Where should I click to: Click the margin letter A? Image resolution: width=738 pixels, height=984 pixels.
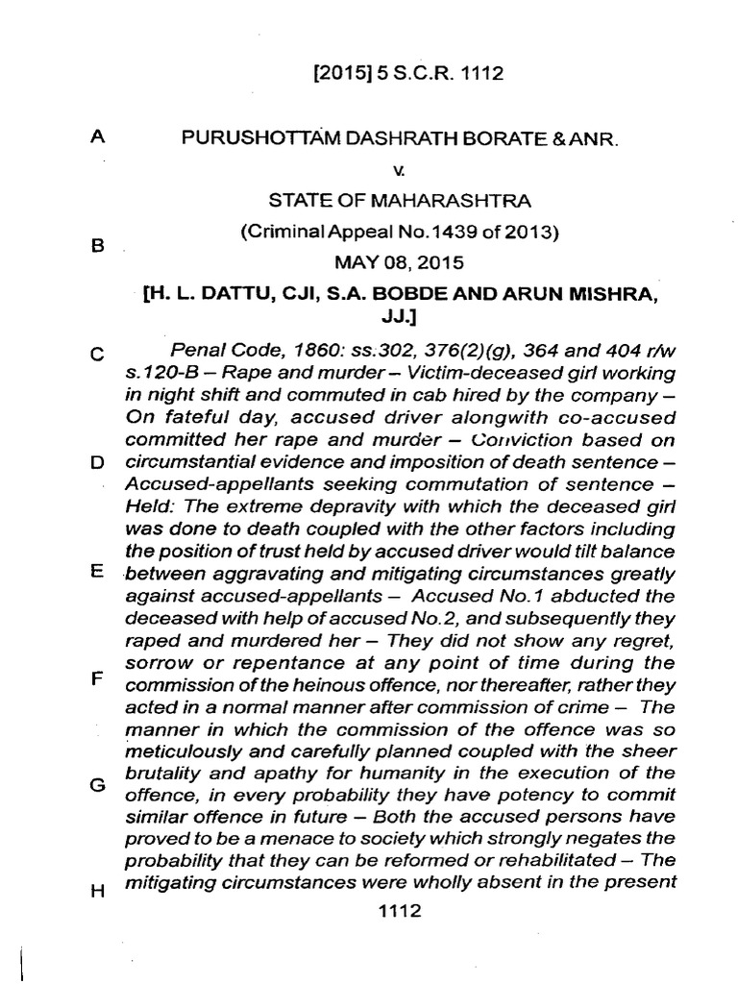point(96,138)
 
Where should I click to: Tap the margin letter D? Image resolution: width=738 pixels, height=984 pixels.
point(96,461)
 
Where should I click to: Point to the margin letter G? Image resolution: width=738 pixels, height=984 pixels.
point(96,783)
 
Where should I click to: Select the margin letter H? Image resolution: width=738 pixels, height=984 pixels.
point(96,891)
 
